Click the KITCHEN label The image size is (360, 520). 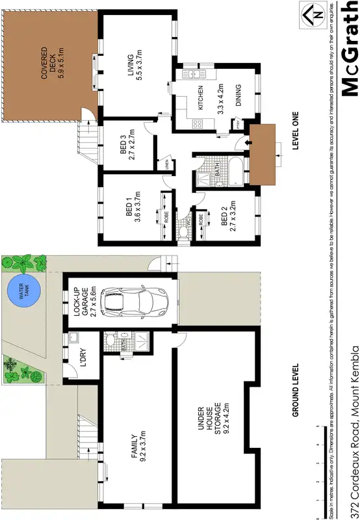click(201, 98)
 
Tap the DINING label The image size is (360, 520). click(238, 96)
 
